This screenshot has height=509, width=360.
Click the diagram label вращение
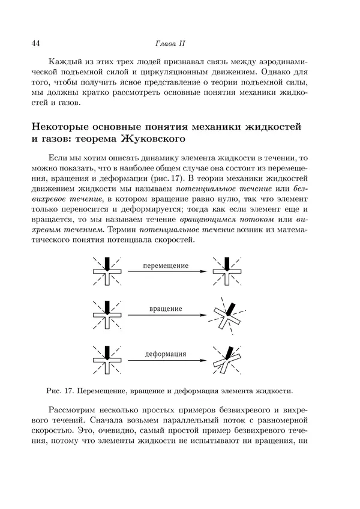click(166, 309)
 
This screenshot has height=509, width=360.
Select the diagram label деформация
click(166, 354)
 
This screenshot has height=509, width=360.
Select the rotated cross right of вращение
click(226, 316)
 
